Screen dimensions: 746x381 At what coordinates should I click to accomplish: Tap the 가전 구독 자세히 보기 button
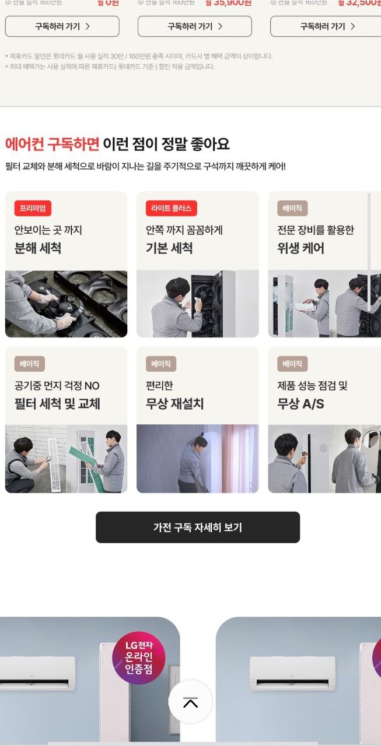point(197,527)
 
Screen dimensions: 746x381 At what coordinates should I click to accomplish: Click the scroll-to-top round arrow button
point(190,702)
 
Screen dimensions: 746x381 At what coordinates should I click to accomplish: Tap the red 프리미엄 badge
point(33,208)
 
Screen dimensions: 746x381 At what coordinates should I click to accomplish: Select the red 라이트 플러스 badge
point(171,208)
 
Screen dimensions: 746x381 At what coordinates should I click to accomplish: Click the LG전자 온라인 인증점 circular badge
point(139,659)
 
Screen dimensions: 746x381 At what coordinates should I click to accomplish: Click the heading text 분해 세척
point(38,248)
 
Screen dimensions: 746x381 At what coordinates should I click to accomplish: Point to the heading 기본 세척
point(169,248)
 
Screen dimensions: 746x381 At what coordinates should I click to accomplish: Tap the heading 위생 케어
point(300,248)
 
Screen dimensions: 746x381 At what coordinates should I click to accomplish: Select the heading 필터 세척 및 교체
point(57,404)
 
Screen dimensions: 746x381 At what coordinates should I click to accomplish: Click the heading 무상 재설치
point(174,404)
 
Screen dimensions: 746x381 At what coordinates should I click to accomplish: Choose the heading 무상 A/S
point(300,404)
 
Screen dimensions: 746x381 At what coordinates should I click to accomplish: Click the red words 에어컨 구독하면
point(52,143)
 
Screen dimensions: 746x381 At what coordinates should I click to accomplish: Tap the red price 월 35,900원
point(228,3)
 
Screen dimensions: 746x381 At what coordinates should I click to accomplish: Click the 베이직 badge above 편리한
point(160,364)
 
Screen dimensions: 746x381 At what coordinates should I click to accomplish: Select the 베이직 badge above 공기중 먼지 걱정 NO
point(29,364)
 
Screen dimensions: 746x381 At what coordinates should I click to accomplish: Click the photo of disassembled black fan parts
point(66,304)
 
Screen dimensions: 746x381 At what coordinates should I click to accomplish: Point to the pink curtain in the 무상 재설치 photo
point(239,458)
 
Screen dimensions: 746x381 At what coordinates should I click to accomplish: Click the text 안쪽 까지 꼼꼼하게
point(184,230)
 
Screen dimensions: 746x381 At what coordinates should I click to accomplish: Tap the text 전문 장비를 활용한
point(316,230)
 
